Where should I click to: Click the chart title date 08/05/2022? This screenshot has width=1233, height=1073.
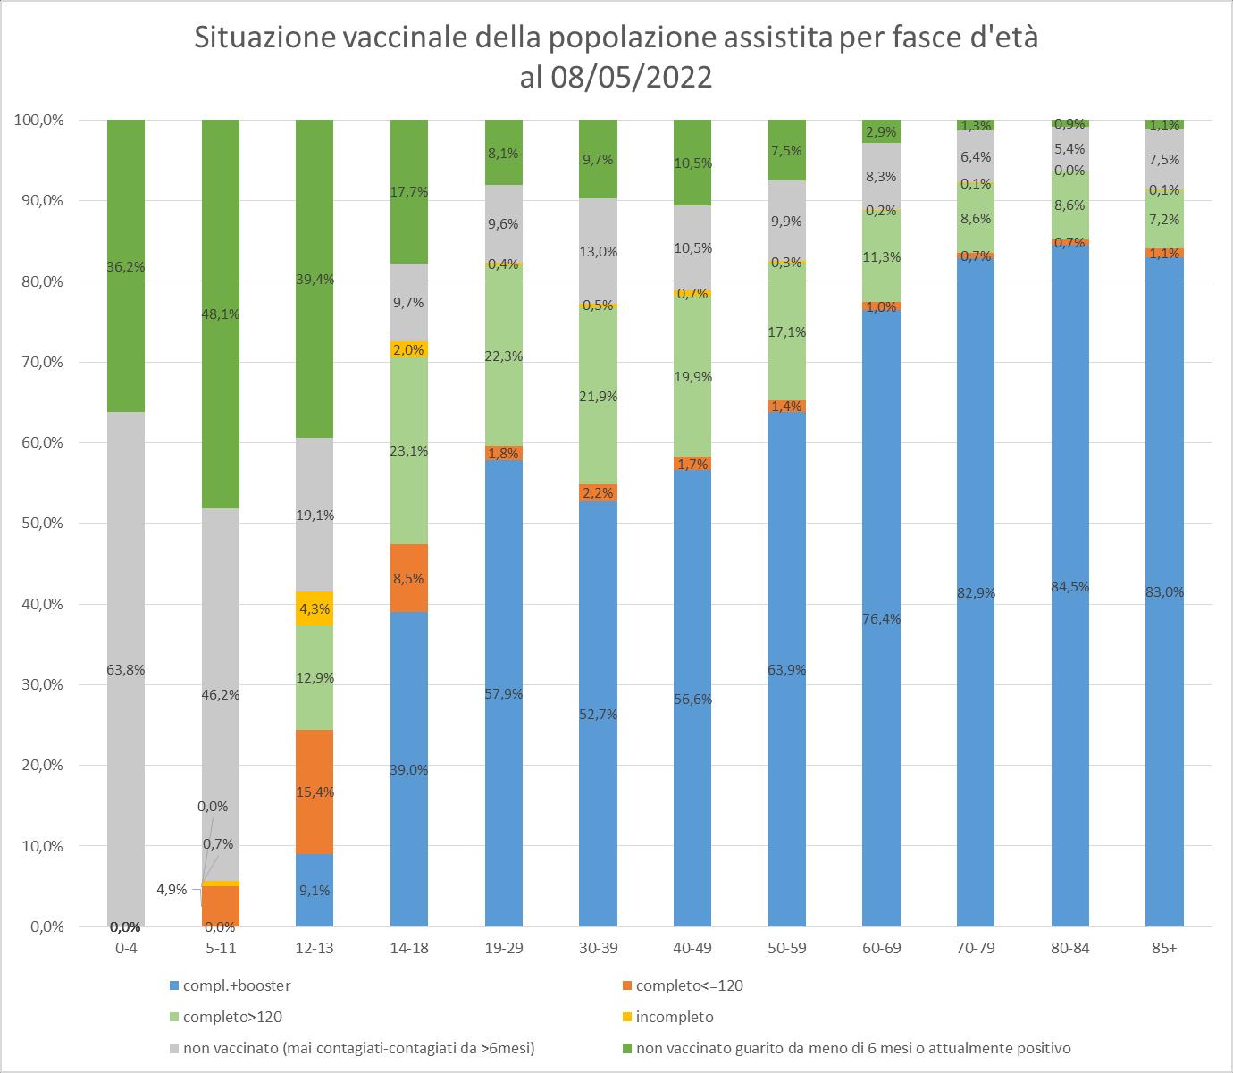pos(631,78)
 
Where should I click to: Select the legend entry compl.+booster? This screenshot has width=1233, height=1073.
pos(236,986)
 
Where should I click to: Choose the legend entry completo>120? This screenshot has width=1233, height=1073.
pos(232,1017)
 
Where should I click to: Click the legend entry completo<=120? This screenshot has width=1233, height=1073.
pos(687,986)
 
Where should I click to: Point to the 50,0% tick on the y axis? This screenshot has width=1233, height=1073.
pos(41,524)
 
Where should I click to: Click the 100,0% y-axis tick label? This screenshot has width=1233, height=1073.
pos(38,121)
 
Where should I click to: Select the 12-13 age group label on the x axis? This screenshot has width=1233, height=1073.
pos(314,949)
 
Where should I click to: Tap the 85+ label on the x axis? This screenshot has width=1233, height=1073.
pos(1164,949)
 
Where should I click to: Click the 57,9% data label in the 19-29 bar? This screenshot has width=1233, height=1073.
pos(503,694)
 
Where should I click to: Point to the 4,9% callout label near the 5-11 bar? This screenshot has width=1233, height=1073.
pos(171,890)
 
